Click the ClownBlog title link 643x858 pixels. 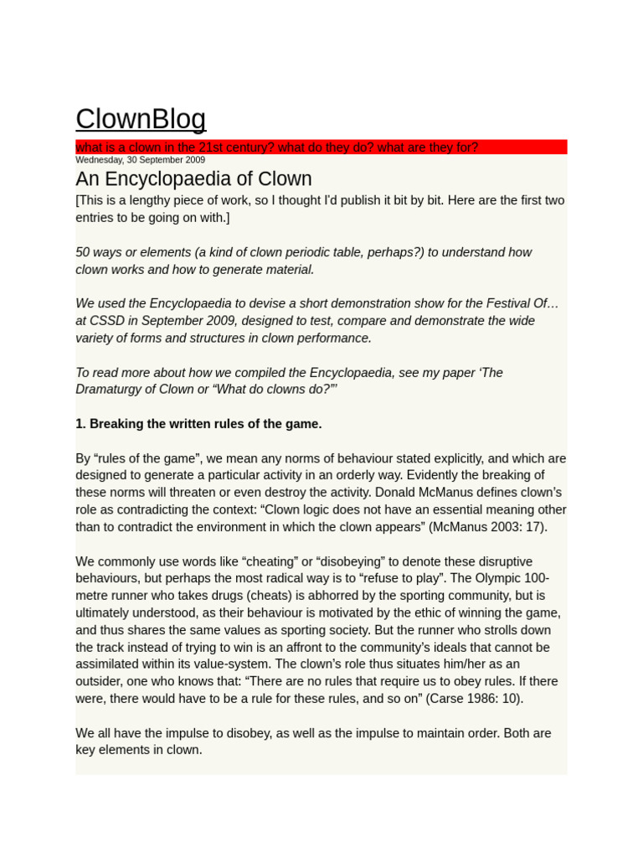click(x=141, y=119)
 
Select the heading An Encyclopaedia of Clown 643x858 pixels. click(x=193, y=178)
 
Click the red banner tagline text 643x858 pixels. click(x=276, y=147)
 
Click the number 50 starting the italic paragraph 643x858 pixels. click(x=83, y=252)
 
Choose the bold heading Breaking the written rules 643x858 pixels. click(x=198, y=424)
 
